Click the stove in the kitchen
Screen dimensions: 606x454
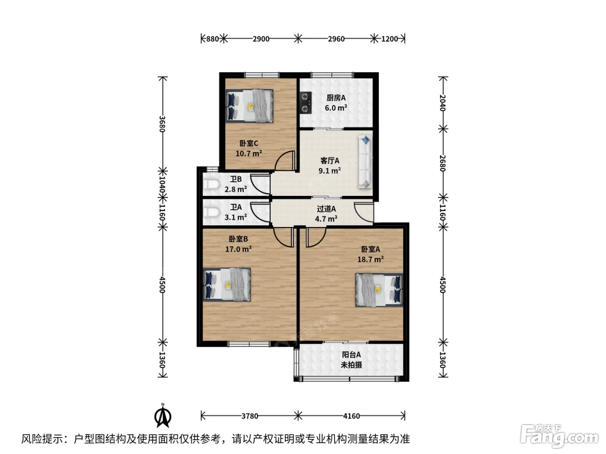pyautogui.click(x=306, y=103)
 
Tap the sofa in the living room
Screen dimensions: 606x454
pyautogui.click(x=365, y=162)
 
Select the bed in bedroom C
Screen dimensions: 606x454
pyautogui.click(x=249, y=106)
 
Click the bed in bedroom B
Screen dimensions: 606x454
pyautogui.click(x=227, y=285)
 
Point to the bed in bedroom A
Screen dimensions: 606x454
pyautogui.click(x=379, y=290)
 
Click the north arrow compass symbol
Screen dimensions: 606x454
pyautogui.click(x=163, y=416)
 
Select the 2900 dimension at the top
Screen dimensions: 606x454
pyautogui.click(x=261, y=39)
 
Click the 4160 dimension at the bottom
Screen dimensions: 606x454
pyautogui.click(x=351, y=416)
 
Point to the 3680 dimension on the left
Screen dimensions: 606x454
pyautogui.click(x=162, y=124)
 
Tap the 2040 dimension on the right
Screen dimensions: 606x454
pyautogui.click(x=442, y=102)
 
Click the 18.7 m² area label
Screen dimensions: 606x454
pyautogui.click(x=371, y=259)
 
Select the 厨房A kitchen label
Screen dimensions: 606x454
pyautogui.click(x=336, y=98)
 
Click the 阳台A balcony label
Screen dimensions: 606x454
pyautogui.click(x=351, y=355)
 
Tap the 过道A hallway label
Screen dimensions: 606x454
pyautogui.click(x=326, y=209)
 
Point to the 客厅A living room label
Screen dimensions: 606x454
pyautogui.click(x=330, y=160)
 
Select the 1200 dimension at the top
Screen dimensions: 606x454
pyautogui.click(x=390, y=39)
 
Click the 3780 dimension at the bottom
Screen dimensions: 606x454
pyautogui.click(x=250, y=416)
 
